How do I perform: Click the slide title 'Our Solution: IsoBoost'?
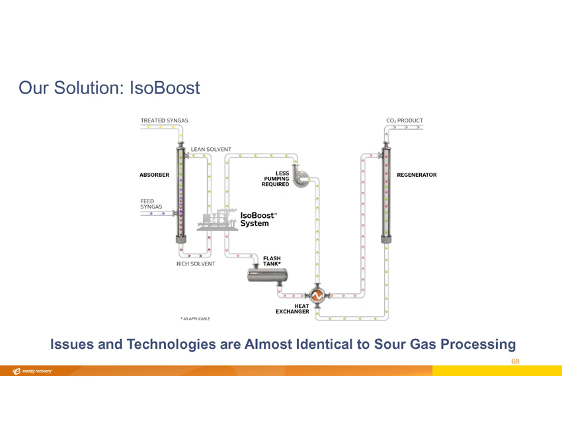click(x=109, y=87)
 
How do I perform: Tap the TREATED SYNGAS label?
click(x=164, y=121)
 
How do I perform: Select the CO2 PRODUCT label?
click(x=405, y=121)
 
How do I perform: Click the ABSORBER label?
click(x=155, y=175)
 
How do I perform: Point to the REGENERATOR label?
click(x=417, y=175)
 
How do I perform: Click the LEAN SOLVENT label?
click(x=211, y=149)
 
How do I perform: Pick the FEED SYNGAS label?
click(x=151, y=203)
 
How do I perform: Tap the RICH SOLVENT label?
click(x=196, y=264)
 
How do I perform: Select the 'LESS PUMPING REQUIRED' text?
click(x=276, y=178)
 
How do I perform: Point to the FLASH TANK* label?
click(x=272, y=261)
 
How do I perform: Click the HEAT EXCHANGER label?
click(x=292, y=309)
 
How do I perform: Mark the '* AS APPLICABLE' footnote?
click(x=196, y=318)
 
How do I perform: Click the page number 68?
click(x=516, y=362)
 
